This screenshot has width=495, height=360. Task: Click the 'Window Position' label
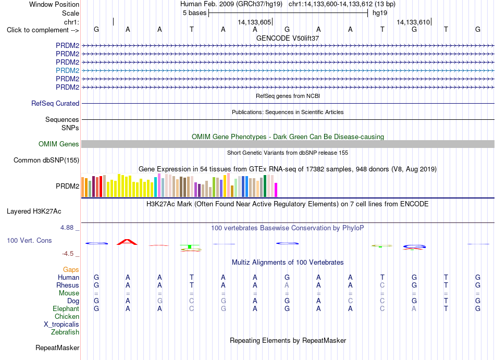point(54,4)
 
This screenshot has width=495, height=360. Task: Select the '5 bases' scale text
point(194,13)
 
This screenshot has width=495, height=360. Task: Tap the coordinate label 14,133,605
point(254,22)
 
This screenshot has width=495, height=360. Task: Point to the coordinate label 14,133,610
point(413,22)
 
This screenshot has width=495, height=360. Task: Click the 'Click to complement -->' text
point(43,30)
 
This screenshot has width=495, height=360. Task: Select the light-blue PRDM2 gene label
point(68,70)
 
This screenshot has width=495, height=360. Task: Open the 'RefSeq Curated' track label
point(55,104)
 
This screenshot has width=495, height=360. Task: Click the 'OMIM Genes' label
point(59,144)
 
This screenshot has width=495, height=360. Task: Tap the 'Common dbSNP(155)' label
point(46,160)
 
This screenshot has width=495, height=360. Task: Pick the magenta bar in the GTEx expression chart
point(276,190)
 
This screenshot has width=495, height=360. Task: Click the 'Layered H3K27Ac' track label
point(34,212)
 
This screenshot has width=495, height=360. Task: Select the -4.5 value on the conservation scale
point(68,254)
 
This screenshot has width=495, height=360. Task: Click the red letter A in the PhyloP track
point(127,242)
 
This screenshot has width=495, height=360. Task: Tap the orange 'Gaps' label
point(71,269)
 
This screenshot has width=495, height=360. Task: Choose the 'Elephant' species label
point(66,308)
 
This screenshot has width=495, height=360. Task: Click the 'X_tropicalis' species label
point(61,325)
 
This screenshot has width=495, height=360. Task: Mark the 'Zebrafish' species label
point(65,332)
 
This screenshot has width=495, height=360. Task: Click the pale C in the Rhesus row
point(382,285)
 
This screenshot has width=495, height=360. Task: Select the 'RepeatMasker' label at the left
point(57,347)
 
